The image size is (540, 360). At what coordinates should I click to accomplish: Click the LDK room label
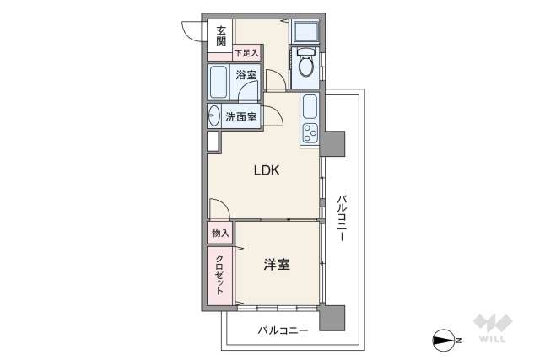click(x=267, y=170)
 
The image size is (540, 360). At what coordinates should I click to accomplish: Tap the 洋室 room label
click(x=277, y=265)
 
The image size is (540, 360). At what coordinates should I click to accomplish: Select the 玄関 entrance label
click(x=220, y=35)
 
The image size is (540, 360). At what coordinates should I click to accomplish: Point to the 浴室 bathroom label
click(x=246, y=76)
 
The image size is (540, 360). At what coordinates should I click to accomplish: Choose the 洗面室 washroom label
click(x=240, y=117)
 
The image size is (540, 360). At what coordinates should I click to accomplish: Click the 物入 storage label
click(x=220, y=232)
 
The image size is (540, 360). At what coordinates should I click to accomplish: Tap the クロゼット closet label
click(x=220, y=274)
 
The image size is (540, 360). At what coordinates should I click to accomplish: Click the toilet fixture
click(x=305, y=66)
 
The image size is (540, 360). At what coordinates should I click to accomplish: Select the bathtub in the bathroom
click(x=219, y=83)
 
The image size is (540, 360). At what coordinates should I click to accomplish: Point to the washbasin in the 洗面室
click(x=213, y=116)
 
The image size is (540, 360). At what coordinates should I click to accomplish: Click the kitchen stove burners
click(x=309, y=133)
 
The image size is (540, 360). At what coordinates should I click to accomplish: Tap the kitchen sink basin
click(x=309, y=106)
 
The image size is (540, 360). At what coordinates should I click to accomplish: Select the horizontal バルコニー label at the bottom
click(x=283, y=330)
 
